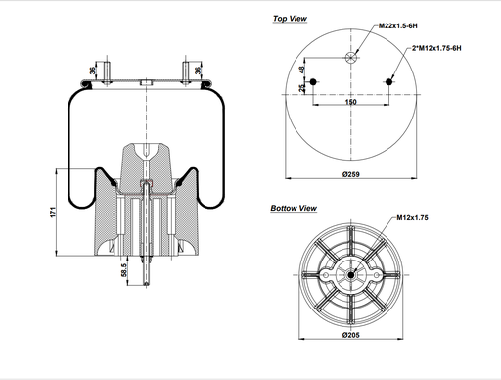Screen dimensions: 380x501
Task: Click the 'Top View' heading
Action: [290, 18]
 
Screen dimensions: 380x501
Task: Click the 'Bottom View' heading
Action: [294, 208]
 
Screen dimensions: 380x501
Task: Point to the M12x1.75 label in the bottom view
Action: [414, 217]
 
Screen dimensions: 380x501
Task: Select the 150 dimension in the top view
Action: [350, 101]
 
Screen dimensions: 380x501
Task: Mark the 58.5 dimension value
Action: [123, 269]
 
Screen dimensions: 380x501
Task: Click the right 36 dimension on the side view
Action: [200, 70]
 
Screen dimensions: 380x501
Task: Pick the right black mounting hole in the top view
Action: [391, 83]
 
